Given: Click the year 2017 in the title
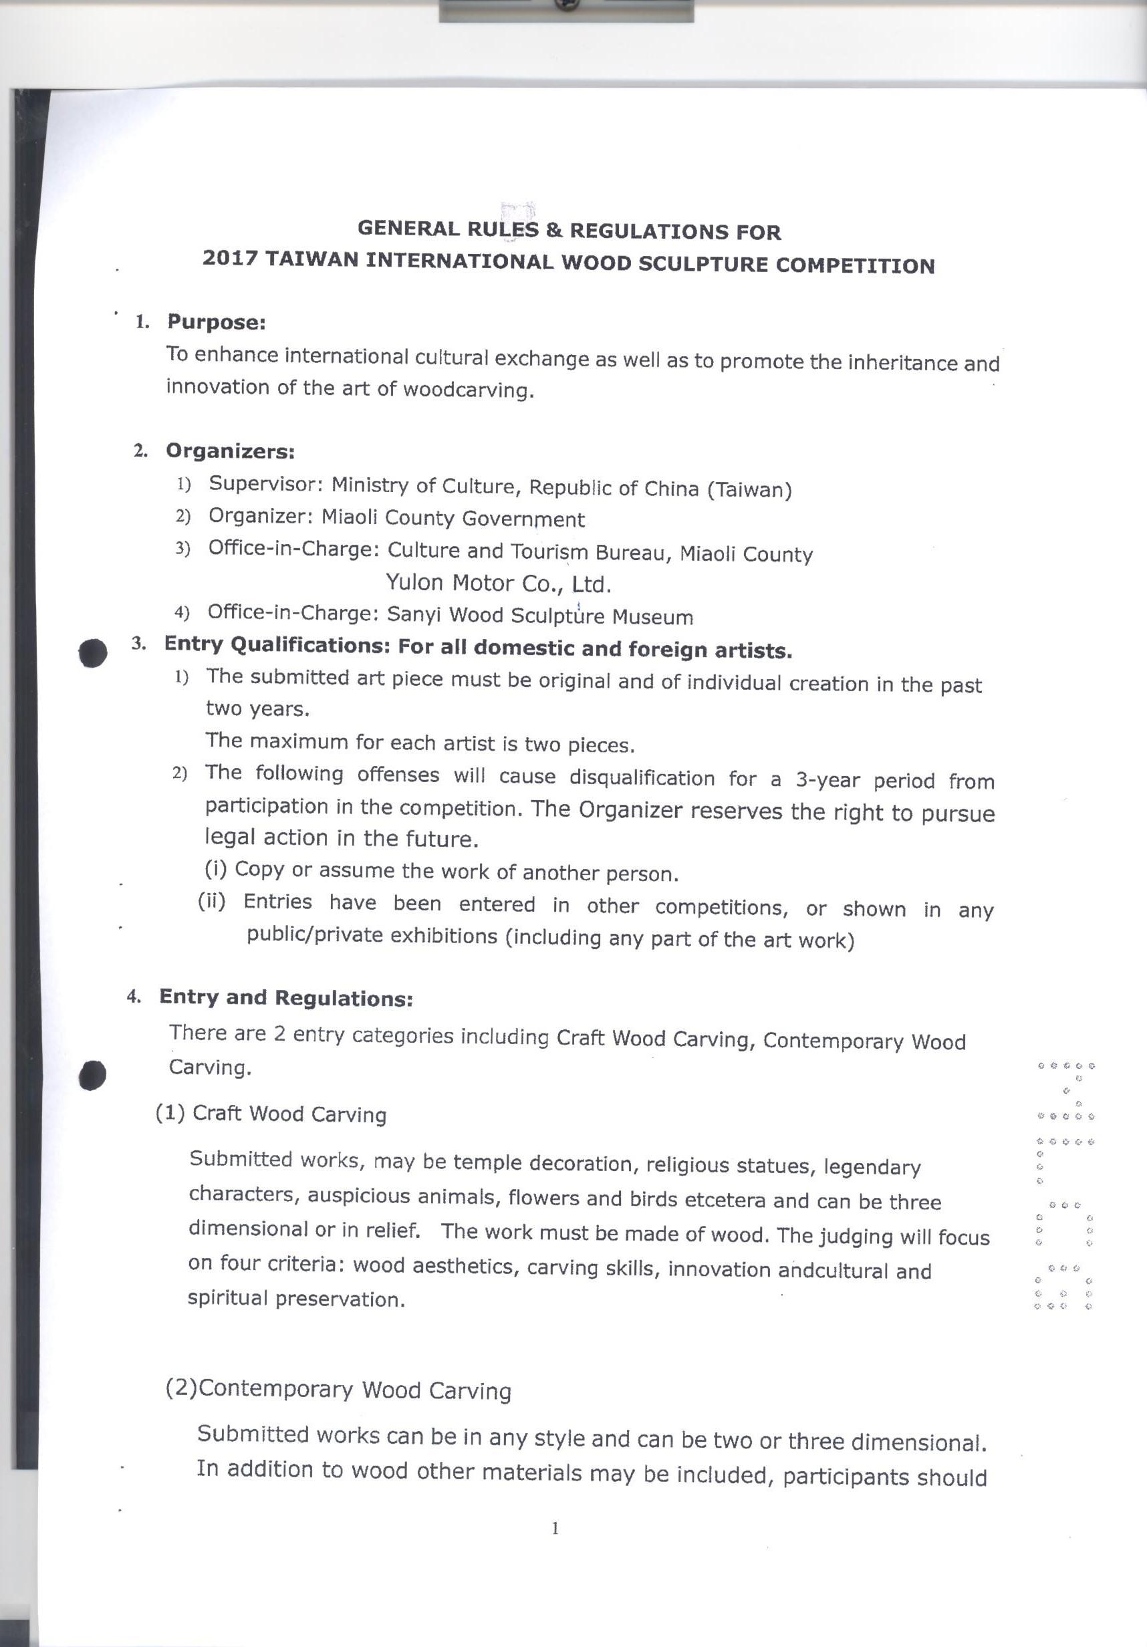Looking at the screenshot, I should pyautogui.click(x=229, y=257).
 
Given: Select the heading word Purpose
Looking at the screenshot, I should pyautogui.click(x=216, y=322).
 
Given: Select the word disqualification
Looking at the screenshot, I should pyautogui.click(x=641, y=777).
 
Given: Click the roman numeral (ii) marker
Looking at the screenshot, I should pyautogui.click(x=213, y=901).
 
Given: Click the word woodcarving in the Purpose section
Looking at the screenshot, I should pyautogui.click(x=469, y=390).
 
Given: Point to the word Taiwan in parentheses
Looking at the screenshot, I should pyautogui.click(x=749, y=490).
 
